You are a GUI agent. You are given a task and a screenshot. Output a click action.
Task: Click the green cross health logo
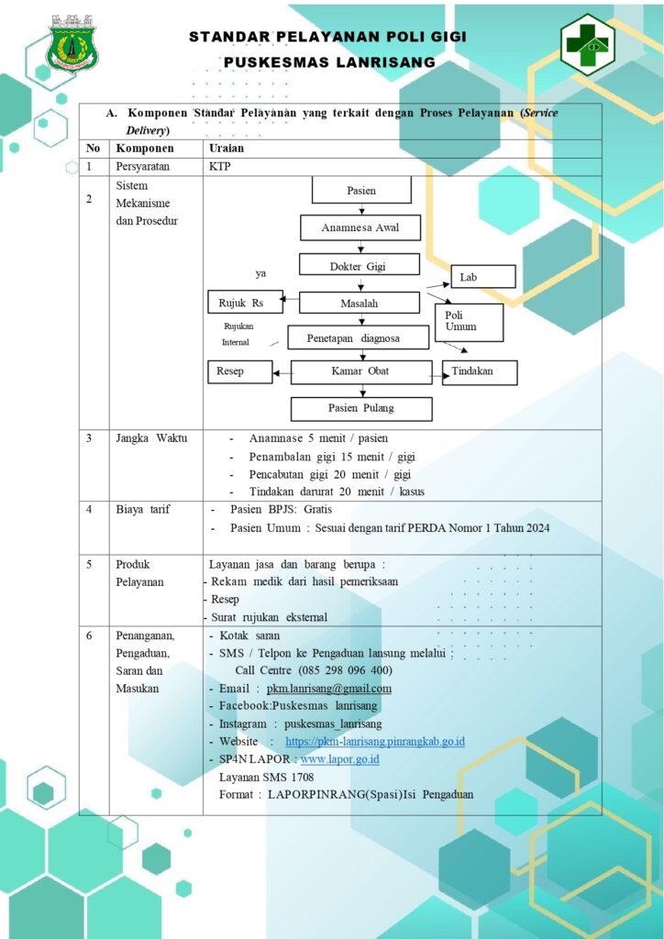point(588,44)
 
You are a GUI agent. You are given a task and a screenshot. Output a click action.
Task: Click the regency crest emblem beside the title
point(72,42)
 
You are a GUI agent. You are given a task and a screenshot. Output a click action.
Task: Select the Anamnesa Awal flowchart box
point(360,227)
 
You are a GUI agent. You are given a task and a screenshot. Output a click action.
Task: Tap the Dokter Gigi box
point(358,267)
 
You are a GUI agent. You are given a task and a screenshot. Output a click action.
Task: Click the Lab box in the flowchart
point(482,277)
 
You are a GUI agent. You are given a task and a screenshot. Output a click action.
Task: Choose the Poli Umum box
point(470,322)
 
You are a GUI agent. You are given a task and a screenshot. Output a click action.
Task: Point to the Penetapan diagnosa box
point(358,337)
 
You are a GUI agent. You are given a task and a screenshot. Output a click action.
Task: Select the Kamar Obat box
point(361,372)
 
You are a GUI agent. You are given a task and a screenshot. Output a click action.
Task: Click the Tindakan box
point(480,372)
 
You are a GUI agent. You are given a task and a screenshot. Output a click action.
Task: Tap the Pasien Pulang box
point(361,408)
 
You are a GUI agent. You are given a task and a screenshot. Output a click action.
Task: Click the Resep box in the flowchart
point(239,371)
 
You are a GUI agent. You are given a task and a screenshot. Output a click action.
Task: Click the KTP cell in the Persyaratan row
point(219,167)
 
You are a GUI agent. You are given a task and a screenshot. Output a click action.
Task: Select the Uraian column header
point(227,149)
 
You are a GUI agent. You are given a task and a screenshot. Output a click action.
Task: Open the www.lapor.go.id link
point(340,759)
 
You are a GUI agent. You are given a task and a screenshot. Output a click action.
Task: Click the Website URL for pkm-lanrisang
point(375,741)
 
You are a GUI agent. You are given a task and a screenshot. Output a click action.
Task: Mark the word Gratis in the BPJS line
point(317,510)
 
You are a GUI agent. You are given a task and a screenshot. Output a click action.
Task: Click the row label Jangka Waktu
point(151,438)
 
